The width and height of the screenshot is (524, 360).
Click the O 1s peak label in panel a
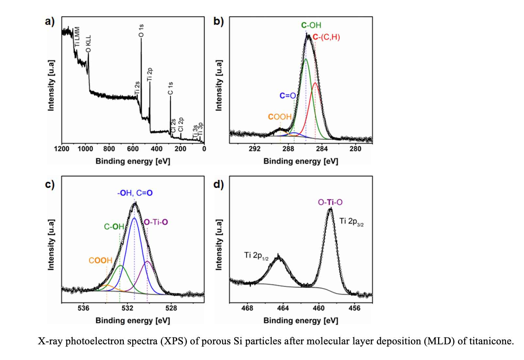pyautogui.click(x=141, y=30)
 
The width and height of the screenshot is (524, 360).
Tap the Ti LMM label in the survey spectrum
pyautogui.click(x=77, y=36)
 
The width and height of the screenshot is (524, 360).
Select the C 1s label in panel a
pyautogui.click(x=170, y=88)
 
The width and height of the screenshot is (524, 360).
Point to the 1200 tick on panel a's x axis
pyautogui.click(x=61, y=149)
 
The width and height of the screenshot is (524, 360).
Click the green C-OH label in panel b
pyautogui.click(x=311, y=25)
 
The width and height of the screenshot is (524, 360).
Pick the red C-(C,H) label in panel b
pyautogui.click(x=326, y=37)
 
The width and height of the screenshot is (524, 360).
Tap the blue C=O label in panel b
pyautogui.click(x=287, y=96)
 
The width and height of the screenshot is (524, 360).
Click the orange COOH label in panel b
pyautogui.click(x=280, y=117)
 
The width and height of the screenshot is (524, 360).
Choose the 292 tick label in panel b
pyautogui.click(x=254, y=149)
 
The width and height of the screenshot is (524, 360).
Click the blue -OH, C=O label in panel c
pyautogui.click(x=135, y=193)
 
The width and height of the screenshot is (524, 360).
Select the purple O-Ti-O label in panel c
pyautogui.click(x=156, y=222)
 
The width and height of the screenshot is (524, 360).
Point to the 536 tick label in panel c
pyautogui.click(x=84, y=308)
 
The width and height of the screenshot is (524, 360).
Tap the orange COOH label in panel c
pyautogui.click(x=100, y=260)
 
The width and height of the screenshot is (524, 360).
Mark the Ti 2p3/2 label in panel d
pyautogui.click(x=352, y=221)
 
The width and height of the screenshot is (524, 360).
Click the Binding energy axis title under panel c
pyautogui.click(x=133, y=320)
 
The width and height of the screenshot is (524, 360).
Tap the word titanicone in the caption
pyautogui.click(x=491, y=341)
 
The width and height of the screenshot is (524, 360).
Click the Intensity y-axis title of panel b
pyautogui.click(x=219, y=85)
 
